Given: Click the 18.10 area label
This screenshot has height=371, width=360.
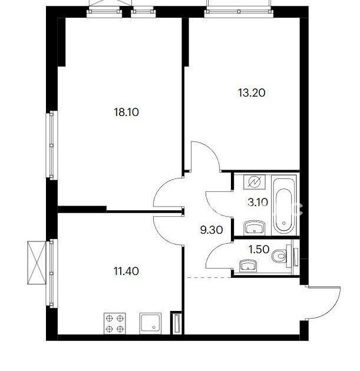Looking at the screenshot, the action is click(127, 112).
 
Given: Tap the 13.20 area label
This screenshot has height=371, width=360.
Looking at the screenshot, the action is click(252, 93).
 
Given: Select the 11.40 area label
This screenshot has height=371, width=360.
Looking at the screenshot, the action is click(127, 271).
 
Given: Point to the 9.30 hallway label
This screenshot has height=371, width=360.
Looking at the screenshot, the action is click(212, 230).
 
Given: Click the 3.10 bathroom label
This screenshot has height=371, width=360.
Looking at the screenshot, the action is click(257, 203).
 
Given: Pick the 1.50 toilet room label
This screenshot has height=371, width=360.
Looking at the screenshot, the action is click(259, 249).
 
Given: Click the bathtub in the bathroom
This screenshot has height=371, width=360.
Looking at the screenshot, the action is click(284, 205).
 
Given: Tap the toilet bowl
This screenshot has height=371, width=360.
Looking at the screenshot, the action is click(279, 256).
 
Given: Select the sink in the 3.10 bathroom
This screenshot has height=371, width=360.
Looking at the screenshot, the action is click(254, 228).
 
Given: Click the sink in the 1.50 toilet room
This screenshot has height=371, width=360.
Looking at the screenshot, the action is click(248, 266).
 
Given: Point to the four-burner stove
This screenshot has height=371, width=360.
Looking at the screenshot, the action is click(115, 323).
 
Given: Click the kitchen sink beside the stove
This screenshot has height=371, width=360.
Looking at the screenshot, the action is click(150, 323).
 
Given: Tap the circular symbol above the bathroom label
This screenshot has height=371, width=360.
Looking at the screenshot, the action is click(255, 182).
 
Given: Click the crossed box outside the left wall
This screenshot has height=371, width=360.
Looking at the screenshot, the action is click(37, 262).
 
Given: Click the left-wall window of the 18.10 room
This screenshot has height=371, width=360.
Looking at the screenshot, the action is click(52, 145).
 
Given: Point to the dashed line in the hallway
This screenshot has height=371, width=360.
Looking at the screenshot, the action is click(209, 277).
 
